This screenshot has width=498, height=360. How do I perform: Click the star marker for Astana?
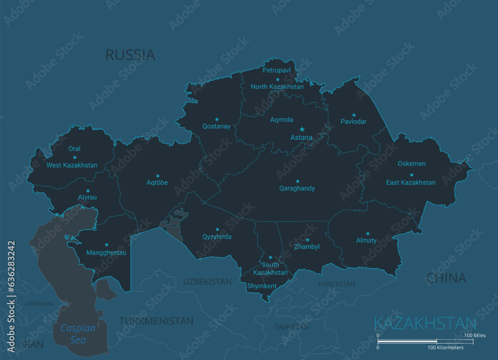pos(302,129)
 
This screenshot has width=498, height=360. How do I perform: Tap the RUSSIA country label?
pos(130,55)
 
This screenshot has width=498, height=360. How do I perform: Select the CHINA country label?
pos(446,278)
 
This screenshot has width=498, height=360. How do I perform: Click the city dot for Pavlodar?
pos(354,115)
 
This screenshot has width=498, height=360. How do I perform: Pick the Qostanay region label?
pos(216,126)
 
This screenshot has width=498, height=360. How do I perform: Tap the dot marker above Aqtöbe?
pos(157,175)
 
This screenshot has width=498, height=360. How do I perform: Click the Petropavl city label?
pos(277,71)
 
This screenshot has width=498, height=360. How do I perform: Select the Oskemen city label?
pos(411,164)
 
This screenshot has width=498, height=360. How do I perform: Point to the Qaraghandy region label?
pos(297,189)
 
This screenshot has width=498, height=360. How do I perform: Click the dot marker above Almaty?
pos(368,234)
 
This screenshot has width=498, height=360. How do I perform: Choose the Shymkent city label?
pos(261,286)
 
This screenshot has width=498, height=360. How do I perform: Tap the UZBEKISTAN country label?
pos(207,282)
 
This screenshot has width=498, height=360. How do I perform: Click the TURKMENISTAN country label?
pos(156,321)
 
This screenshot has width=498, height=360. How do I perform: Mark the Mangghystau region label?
pos(106,252)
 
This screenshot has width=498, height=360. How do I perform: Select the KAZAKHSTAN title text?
pos(424,323)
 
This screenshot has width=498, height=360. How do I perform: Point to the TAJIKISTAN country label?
pos(291,327)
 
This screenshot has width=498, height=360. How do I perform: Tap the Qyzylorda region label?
pos(217,237)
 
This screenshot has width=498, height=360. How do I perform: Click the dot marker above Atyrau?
pos(88,190)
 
